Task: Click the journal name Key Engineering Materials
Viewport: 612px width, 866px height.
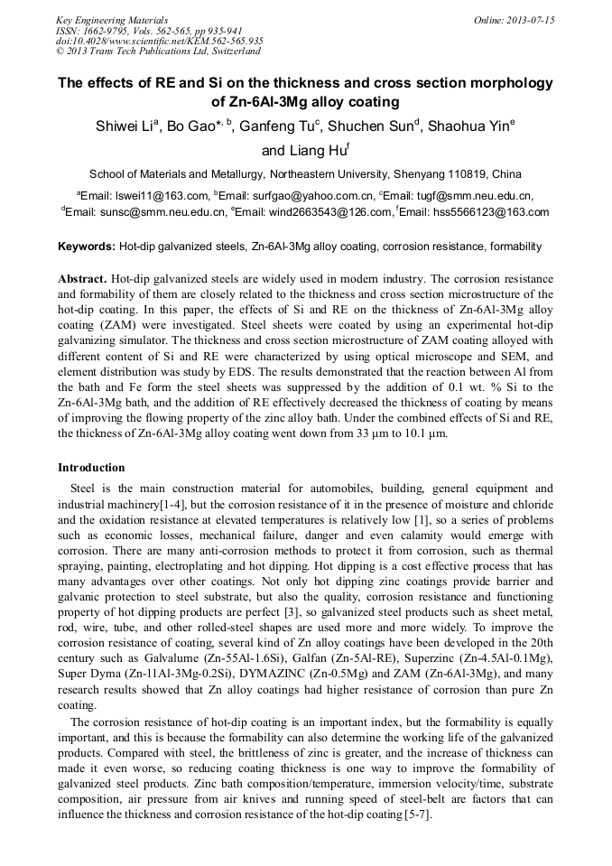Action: (x=112, y=19)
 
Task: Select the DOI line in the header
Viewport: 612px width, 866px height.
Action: (x=159, y=41)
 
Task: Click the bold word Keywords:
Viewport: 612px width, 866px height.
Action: (x=87, y=247)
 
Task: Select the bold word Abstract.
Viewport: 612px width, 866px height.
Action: (x=82, y=280)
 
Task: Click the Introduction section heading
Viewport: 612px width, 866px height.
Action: (x=91, y=468)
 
